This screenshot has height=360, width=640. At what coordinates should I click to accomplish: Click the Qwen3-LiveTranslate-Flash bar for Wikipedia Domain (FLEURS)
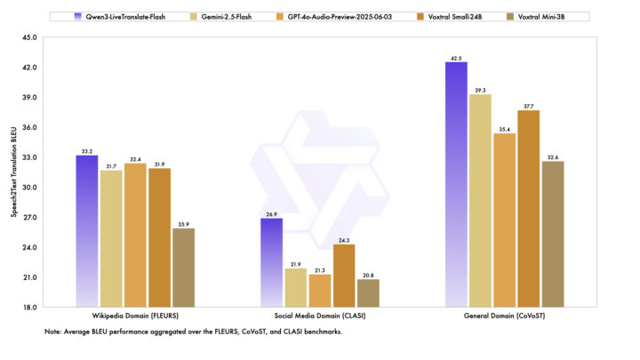(x=87, y=231)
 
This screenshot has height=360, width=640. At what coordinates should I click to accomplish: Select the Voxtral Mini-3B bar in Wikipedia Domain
(x=183, y=268)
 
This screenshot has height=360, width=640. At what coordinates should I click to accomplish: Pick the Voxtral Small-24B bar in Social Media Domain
(x=343, y=276)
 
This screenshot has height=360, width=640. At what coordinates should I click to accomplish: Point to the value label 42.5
(x=456, y=57)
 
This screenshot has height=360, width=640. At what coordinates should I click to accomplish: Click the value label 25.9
(x=183, y=223)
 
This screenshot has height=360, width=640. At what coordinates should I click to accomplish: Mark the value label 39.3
(x=480, y=89)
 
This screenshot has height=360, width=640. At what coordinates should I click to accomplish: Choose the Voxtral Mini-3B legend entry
(x=537, y=16)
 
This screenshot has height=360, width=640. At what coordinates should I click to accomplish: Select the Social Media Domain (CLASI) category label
(x=319, y=317)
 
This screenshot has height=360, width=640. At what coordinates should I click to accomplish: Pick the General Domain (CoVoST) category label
(x=504, y=317)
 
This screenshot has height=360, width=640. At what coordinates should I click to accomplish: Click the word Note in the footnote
(x=52, y=332)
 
